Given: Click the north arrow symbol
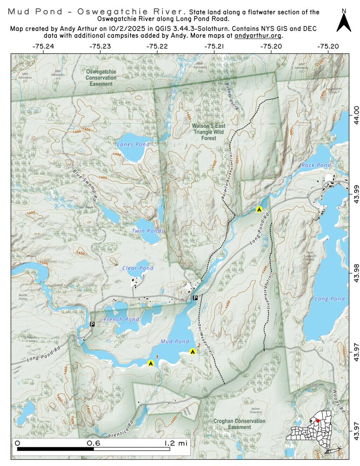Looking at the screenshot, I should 344,22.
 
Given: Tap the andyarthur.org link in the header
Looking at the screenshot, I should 258,35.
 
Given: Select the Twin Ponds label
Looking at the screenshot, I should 148,231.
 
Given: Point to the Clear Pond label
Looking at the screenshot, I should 138,268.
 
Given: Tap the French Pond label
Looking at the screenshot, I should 121,319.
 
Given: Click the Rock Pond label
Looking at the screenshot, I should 316,165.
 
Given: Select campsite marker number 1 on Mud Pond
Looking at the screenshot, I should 151,363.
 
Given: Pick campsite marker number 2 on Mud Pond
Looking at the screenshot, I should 193,351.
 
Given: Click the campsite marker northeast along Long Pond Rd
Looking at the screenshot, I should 259,209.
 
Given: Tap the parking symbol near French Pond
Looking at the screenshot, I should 92,324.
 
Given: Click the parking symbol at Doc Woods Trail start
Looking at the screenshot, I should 195,298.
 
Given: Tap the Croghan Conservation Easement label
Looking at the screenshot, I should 239,424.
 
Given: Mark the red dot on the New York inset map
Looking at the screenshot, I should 318,421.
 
